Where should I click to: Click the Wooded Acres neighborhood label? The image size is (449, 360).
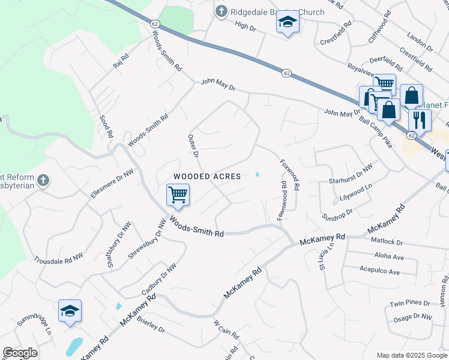[x=207, y=176]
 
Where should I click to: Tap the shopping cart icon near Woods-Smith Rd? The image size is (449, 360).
[x=178, y=194]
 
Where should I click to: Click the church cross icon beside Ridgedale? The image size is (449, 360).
[x=221, y=11]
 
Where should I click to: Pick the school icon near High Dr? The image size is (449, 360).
[x=288, y=23]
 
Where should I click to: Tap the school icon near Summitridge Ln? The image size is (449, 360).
[x=70, y=311]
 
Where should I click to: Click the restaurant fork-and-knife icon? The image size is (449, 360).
[x=420, y=119]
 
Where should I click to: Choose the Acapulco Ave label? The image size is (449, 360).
[x=378, y=272]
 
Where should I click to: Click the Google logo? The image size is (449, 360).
[x=20, y=353]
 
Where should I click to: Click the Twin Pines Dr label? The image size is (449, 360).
[x=411, y=304]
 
